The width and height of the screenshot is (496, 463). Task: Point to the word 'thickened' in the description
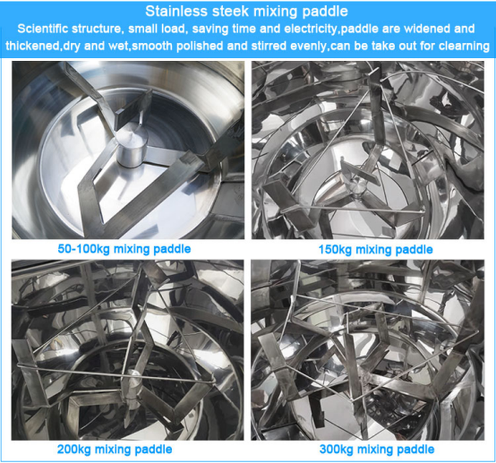(29, 47)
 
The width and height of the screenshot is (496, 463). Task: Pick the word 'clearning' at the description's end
(461, 47)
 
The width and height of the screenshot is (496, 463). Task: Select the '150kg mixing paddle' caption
(373, 249)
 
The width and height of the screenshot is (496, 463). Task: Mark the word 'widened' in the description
(431, 29)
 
